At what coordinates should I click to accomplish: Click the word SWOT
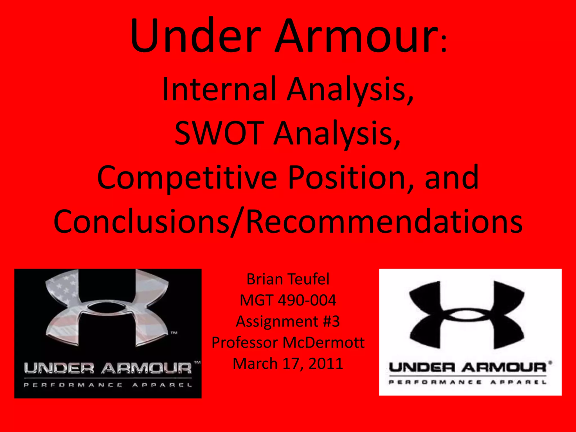point(219,133)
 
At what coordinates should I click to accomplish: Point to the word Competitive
point(187,178)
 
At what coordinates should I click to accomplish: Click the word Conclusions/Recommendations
point(288,222)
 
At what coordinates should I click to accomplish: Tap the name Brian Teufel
point(288,279)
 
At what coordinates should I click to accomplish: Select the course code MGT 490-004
point(288,300)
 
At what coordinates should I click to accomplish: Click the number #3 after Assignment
point(331,321)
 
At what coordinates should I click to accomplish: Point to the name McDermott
point(323,342)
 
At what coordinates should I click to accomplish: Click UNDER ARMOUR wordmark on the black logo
point(108,368)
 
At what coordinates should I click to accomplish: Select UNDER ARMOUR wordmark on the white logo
point(467,367)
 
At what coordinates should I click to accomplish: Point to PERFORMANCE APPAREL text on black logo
point(108,385)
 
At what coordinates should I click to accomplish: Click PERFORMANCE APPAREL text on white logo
point(467,382)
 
